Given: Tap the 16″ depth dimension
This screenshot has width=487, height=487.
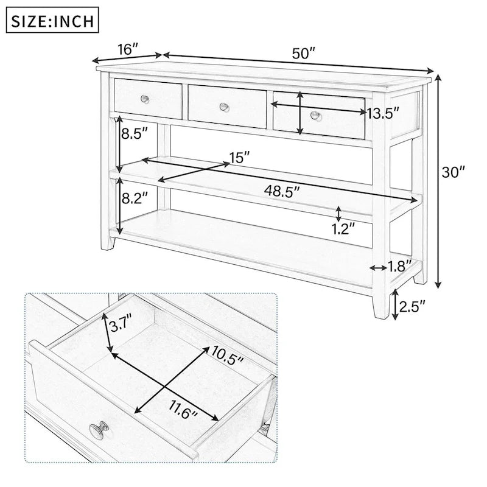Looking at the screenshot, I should coord(128,49).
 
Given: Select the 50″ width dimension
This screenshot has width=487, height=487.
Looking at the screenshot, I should coord(303,54).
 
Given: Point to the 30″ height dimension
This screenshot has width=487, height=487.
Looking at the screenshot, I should coord(453,172).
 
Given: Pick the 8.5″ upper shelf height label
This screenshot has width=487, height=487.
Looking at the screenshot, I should coord(135,134).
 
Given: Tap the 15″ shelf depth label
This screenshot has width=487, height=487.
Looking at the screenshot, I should coord(240,158).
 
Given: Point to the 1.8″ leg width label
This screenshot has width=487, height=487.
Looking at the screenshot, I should coord(399,266).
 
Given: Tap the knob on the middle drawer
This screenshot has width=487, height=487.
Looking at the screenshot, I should coord(225,107).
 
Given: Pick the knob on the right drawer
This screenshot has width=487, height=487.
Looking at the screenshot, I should coord(315,115).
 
